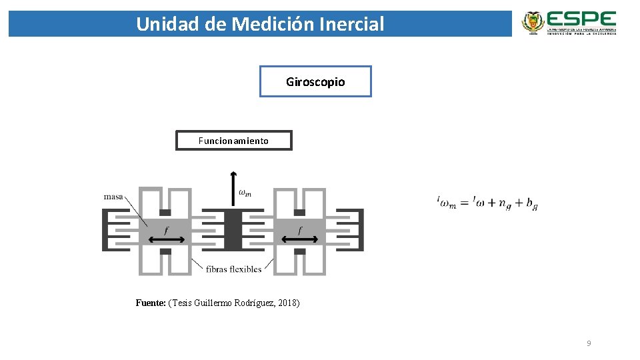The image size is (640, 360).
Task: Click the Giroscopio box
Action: coord(315,81)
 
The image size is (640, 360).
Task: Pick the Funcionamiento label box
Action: coord(233,141)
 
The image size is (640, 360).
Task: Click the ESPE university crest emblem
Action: coord(533,22)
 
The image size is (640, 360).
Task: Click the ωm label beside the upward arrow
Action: coord(245,193)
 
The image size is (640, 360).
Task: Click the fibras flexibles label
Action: coord(234,269)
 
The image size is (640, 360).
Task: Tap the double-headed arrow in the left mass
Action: coord(165,239)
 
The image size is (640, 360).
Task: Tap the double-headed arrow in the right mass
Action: coord(299,239)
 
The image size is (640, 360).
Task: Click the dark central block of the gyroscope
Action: coord(233,230)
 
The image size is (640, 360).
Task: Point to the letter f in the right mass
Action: coord(300,230)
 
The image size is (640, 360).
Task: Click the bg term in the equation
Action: coord(531,204)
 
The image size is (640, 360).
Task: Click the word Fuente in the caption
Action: coord(150,303)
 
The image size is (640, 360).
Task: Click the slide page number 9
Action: coord(589,343)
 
